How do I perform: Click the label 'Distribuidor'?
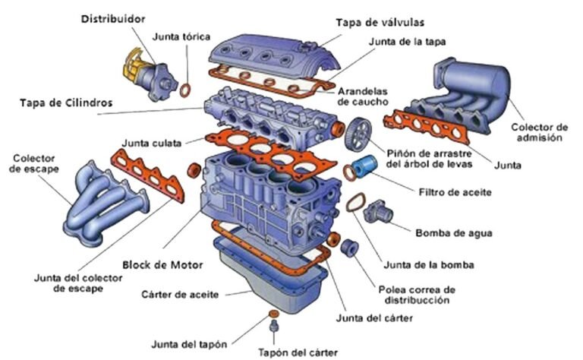[x=113, y=17]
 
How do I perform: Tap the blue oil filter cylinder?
[x=370, y=165]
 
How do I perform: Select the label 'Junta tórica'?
[x=181, y=36]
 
